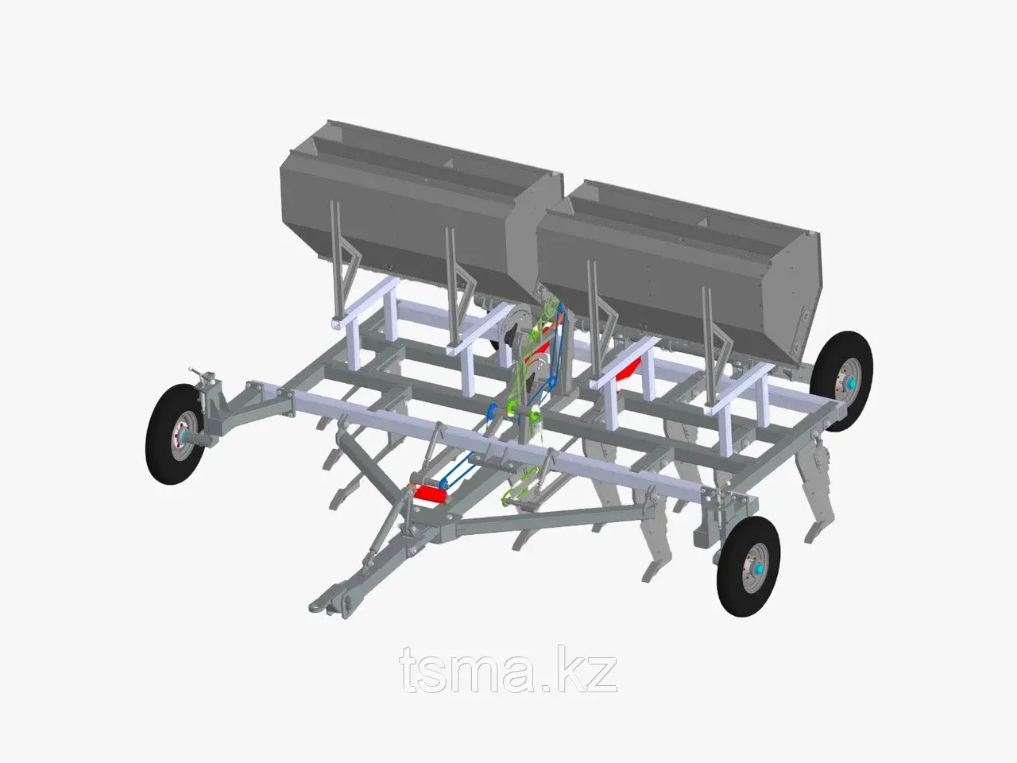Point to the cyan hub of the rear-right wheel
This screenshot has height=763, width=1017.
(852, 383)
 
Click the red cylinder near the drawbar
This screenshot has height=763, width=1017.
(430, 494)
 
